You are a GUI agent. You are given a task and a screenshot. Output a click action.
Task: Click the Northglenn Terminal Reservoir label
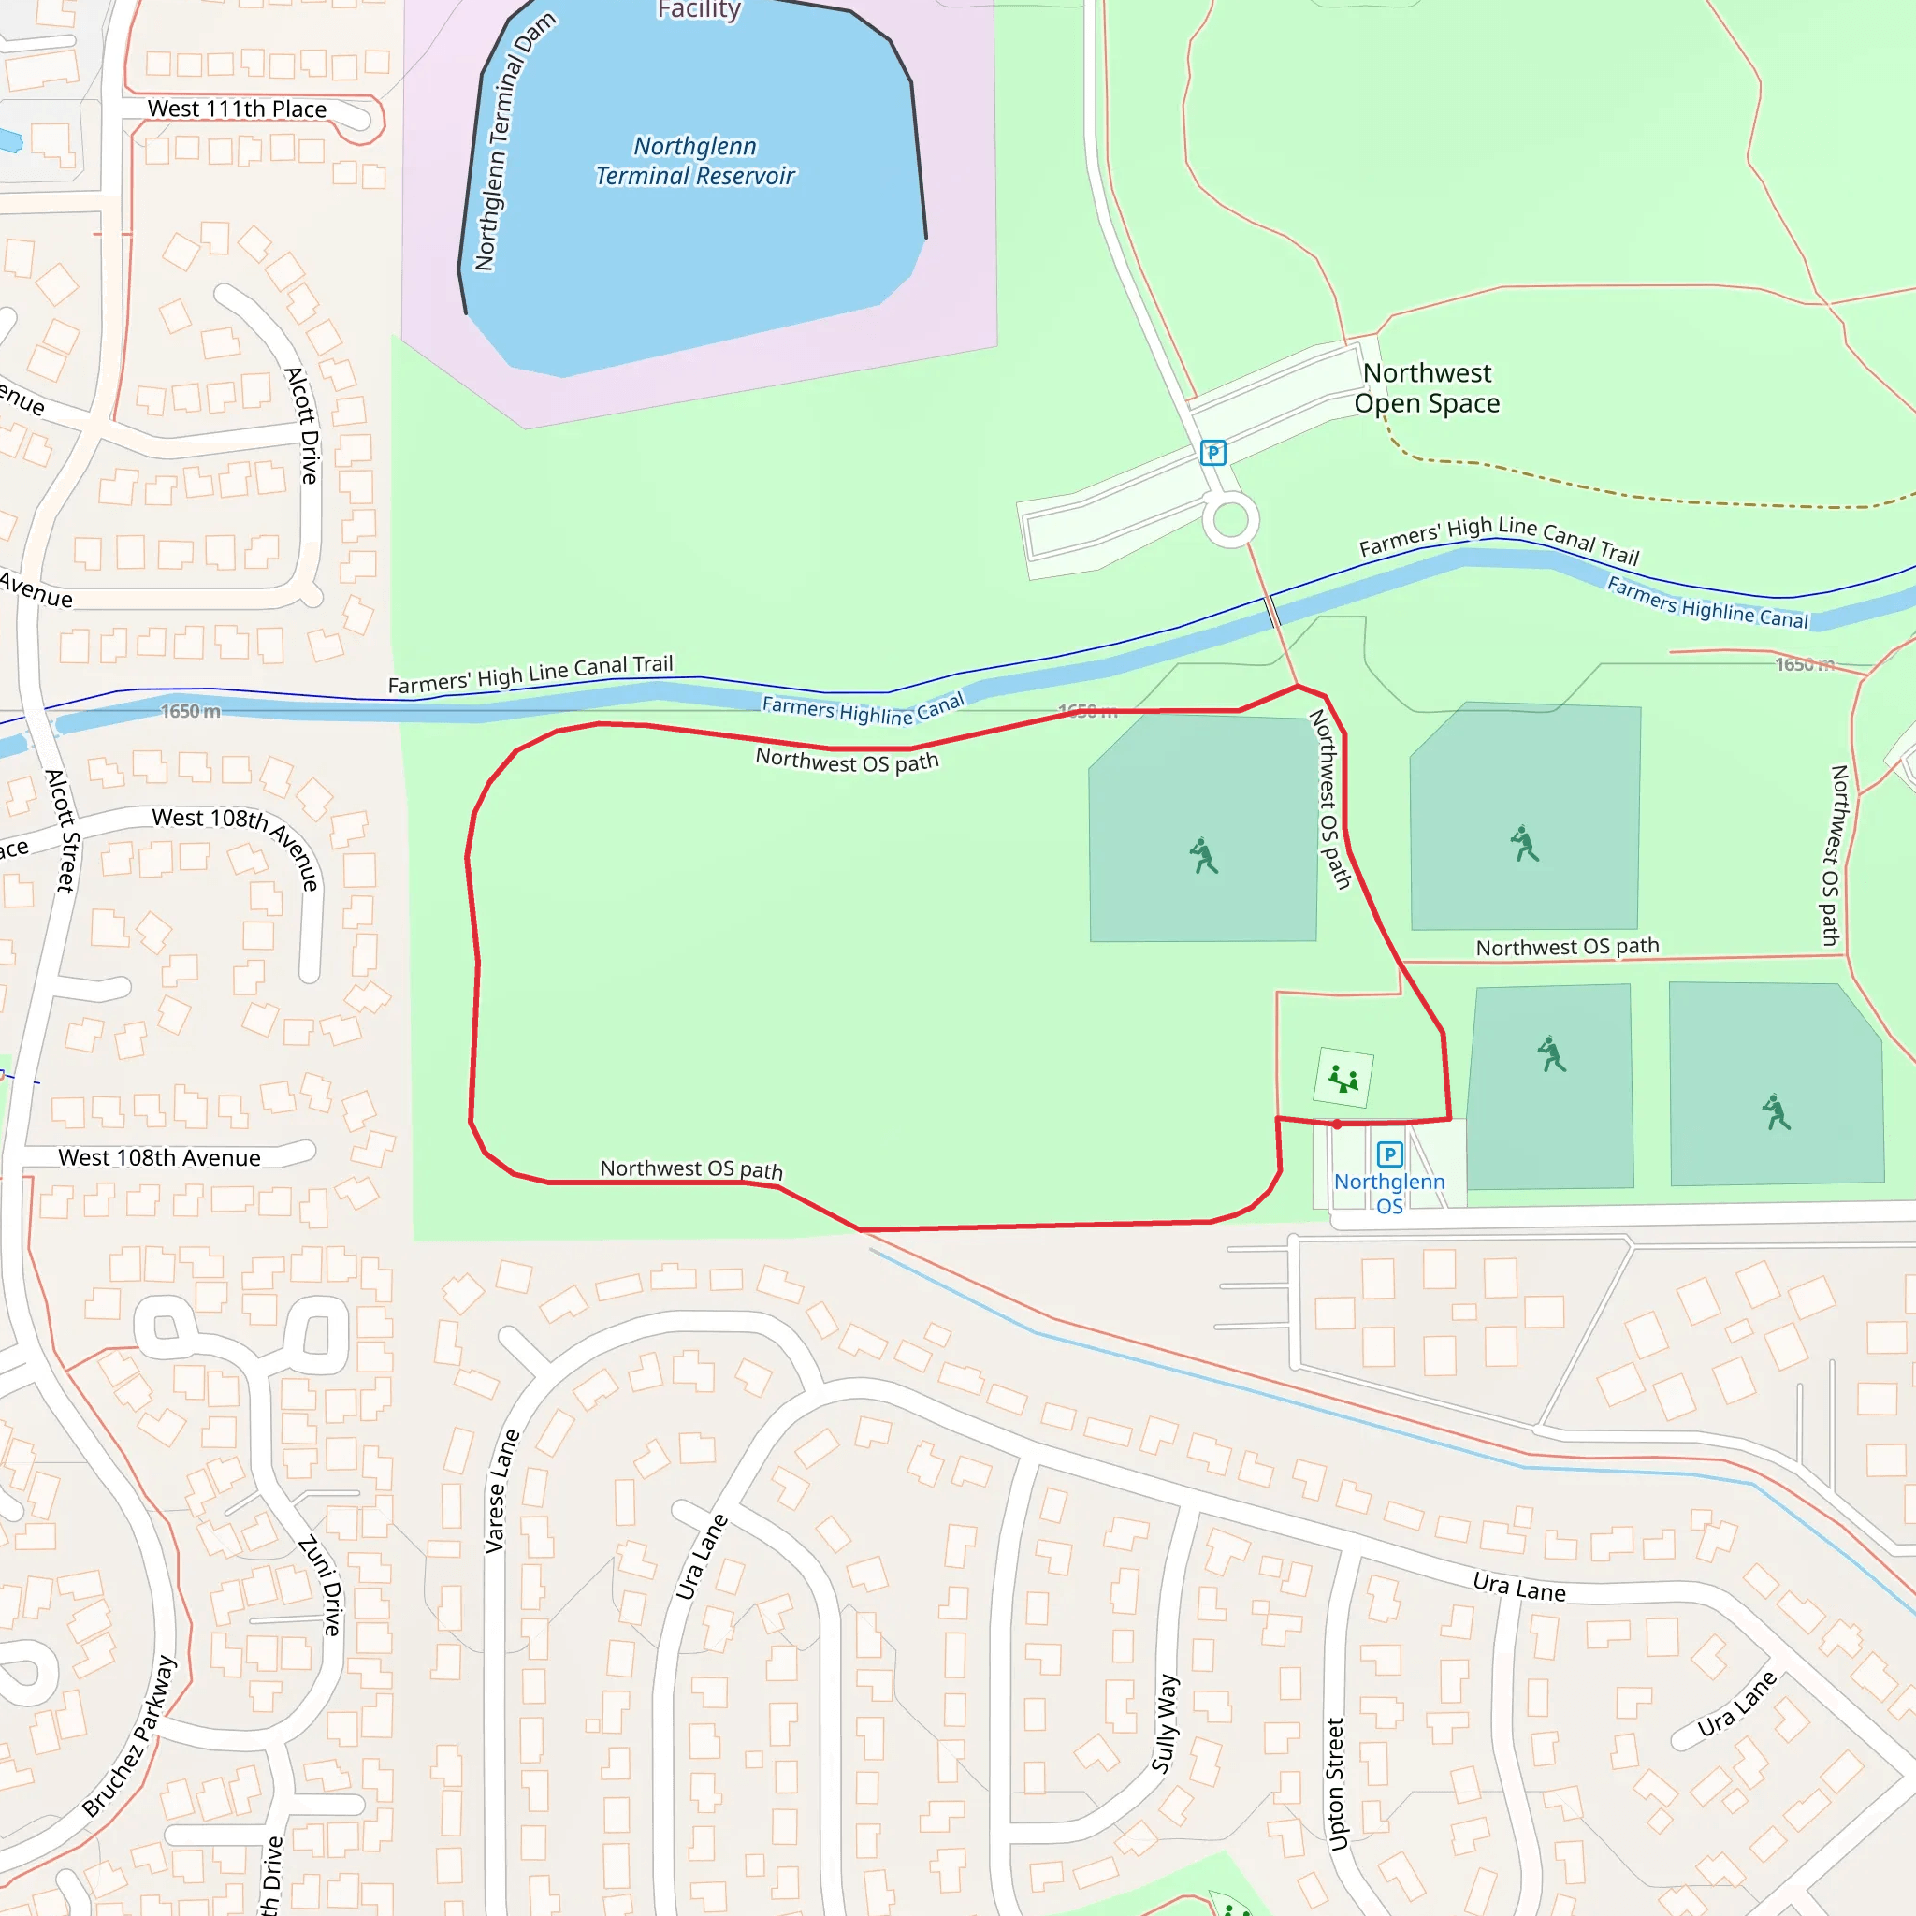coord(695,162)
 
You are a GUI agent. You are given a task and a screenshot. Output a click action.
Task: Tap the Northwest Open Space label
coord(1426,387)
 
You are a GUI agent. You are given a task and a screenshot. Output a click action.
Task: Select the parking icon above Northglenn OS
coord(1389,1154)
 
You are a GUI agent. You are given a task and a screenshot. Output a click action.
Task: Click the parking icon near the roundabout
coord(1212,453)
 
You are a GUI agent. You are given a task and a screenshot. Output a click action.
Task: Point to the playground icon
coord(1343,1078)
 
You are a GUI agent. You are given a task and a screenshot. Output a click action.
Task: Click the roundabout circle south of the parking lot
coord(1231,519)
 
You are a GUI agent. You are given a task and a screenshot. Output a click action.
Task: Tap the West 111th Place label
coord(237,109)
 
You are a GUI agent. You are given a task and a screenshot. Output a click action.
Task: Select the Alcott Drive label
coord(302,426)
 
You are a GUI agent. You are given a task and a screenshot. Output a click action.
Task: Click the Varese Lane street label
coord(501,1490)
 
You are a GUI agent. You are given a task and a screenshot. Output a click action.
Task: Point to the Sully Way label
coord(1166,1722)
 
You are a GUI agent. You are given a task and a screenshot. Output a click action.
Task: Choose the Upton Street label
coord(1336,1784)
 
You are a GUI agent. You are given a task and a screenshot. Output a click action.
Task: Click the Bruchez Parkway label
coord(130,1735)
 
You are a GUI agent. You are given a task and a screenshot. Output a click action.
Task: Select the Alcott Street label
coord(62,830)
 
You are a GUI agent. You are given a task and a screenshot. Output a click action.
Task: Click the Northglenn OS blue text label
coord(1388,1193)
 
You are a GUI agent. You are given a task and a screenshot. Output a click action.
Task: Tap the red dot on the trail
coord(1337,1125)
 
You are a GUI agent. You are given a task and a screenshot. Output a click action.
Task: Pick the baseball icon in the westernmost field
coord(1204,856)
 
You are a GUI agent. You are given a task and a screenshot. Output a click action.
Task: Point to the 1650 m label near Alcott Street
coord(191,711)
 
